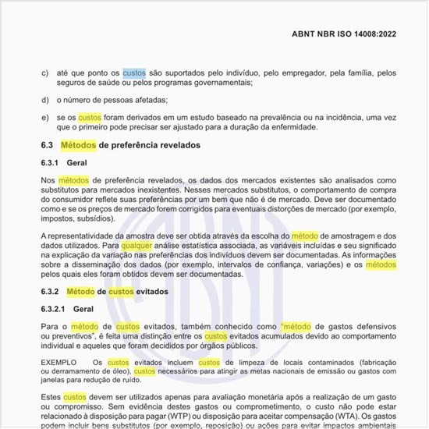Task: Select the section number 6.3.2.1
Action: (x=55, y=309)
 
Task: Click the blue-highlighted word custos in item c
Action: (x=134, y=73)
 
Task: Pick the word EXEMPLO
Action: (x=59, y=363)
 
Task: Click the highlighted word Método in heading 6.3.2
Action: (x=80, y=291)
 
